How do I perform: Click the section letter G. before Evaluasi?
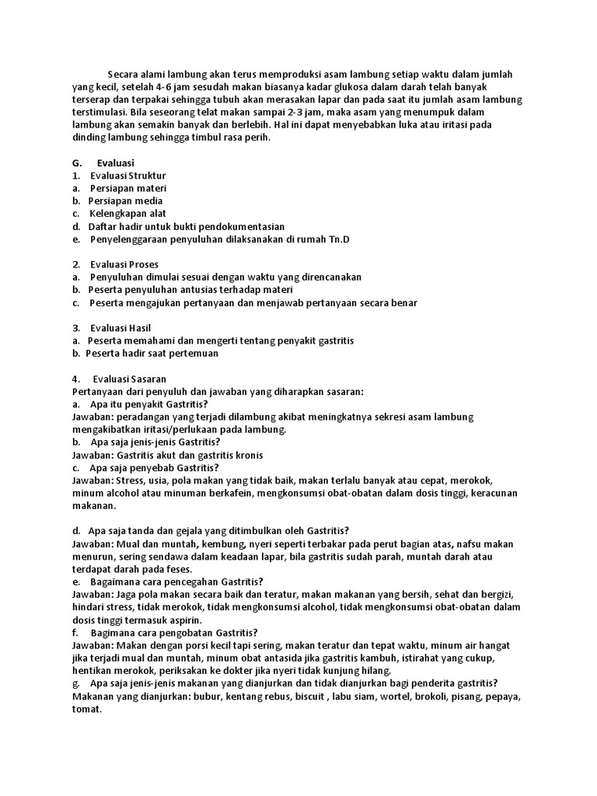pos(77,163)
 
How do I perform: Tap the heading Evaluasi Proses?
pos(124,264)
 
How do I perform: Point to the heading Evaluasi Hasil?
pos(121,328)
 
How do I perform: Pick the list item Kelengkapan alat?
pos(127,214)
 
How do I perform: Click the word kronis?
pos(250,455)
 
